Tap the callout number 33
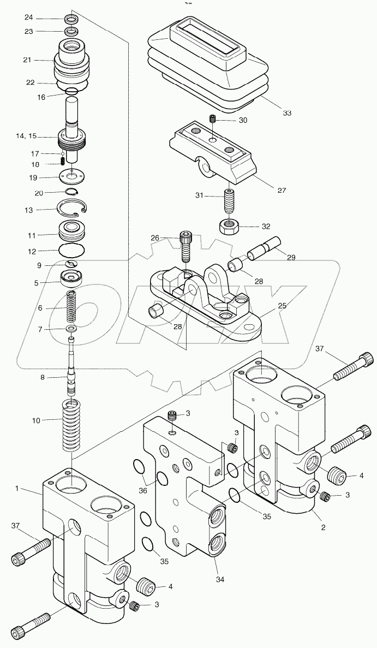tap(286, 113)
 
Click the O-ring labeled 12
tap(72, 252)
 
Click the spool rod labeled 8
tap(71, 366)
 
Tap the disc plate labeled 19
tap(72, 177)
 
